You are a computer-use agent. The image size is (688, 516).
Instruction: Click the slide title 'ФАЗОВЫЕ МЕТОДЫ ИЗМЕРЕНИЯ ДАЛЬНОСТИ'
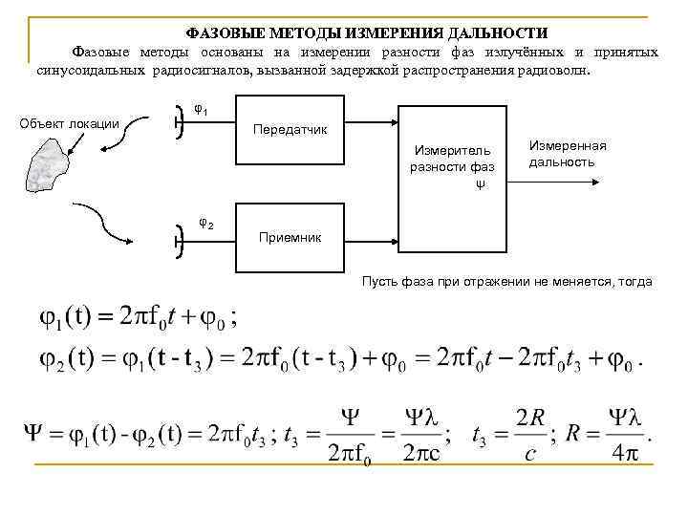366,32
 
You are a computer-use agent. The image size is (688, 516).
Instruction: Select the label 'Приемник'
290,236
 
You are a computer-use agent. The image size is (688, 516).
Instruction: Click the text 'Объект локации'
70,123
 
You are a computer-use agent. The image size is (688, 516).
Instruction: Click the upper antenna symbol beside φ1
180,122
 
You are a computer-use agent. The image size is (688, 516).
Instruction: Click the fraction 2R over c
529,436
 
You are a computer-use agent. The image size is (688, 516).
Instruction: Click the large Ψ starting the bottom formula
32,436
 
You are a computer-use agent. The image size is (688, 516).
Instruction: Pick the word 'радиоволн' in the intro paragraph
559,71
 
